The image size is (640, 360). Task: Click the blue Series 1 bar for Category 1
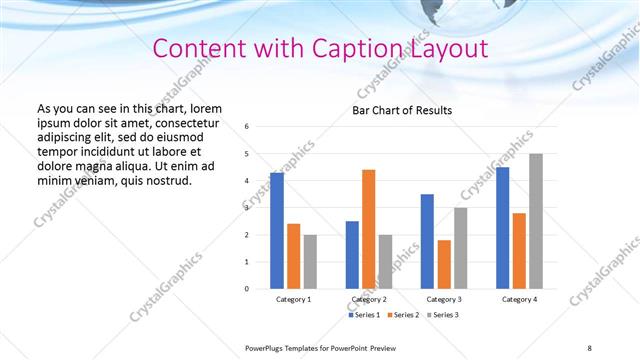pyautogui.click(x=277, y=231)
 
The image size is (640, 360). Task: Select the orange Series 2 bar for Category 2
pyautogui.click(x=369, y=229)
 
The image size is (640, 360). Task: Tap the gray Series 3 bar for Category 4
pyautogui.click(x=536, y=221)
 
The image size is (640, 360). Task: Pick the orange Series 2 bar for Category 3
pyautogui.click(x=444, y=264)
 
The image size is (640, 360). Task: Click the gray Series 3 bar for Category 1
pyautogui.click(x=310, y=262)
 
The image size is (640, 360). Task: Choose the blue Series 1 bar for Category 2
pyautogui.click(x=352, y=255)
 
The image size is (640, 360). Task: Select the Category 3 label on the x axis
pyautogui.click(x=444, y=299)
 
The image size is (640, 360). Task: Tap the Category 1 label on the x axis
pyautogui.click(x=293, y=299)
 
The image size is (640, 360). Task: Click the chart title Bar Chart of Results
pyautogui.click(x=402, y=110)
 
